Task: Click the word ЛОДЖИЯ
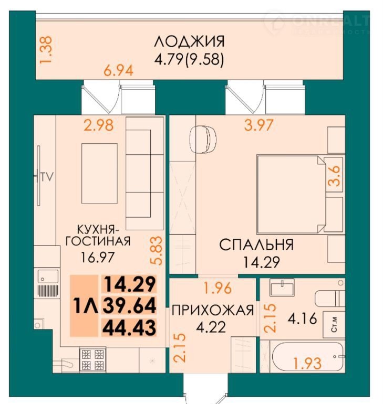pos(189,42)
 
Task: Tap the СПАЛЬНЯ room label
pos(256,245)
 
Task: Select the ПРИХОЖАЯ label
pos(213,310)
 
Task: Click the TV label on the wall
pos(47,177)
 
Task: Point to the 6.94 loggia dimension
pos(118,71)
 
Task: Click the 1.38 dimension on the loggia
pos(46,49)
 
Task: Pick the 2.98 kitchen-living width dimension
pos(99,125)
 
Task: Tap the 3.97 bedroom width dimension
pos(258,125)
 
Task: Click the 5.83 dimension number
pos(156,250)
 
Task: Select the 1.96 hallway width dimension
pos(218,288)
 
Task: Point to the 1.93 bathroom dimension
pos(307,363)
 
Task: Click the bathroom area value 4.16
pos(302,318)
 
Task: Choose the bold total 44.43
pos(129,328)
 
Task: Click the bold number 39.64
pos(129,305)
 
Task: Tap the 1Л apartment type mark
pos(85,306)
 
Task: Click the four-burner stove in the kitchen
pos(92,359)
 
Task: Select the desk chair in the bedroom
pos(203,140)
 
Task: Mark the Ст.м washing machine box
pos(334,324)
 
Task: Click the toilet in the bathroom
pos(330,299)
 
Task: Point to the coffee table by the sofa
pos(99,174)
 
